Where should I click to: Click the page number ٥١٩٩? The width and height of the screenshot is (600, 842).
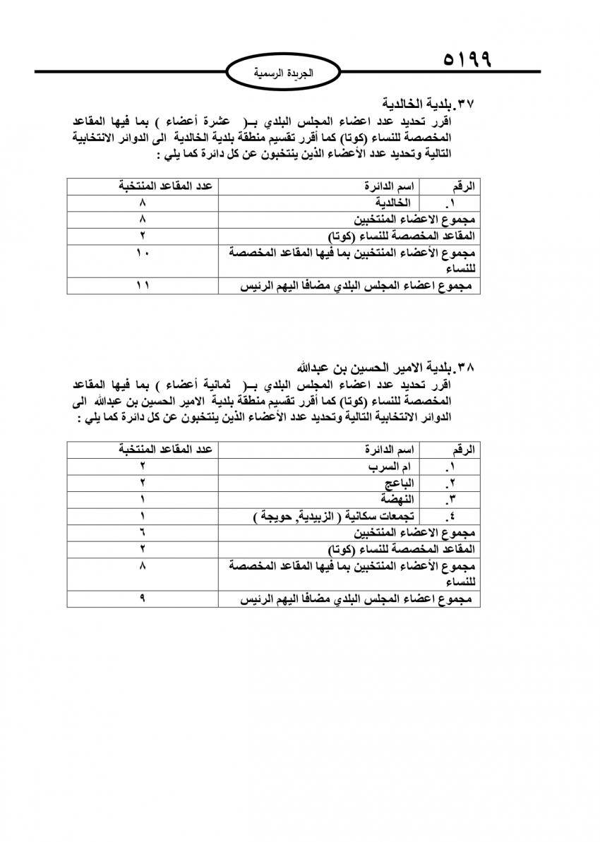click(467, 57)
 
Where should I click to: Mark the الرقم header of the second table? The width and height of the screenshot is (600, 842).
click(463, 450)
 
